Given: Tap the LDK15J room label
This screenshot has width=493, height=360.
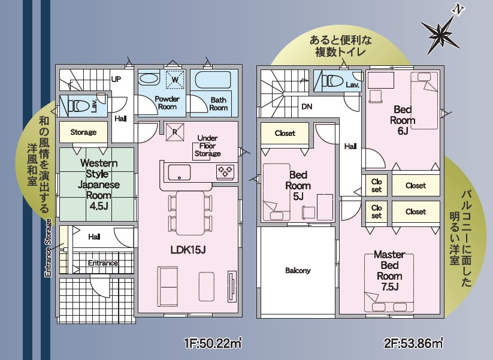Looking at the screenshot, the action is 188,250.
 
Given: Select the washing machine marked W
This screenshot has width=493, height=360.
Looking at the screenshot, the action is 175,80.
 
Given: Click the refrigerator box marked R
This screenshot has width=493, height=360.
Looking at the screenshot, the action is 175,132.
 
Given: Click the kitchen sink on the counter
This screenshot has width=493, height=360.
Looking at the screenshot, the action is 179,173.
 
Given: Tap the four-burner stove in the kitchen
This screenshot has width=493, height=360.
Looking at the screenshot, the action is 225,172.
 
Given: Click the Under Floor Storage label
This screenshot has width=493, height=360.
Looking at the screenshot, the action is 207,146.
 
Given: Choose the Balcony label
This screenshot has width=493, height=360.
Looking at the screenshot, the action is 298,270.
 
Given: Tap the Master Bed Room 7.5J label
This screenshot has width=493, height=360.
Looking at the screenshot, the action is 389,271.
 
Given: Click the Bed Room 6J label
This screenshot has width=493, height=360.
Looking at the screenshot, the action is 403,120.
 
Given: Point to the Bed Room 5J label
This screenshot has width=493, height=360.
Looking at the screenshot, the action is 298,186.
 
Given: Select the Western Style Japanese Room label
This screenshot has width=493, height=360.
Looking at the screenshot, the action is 99,184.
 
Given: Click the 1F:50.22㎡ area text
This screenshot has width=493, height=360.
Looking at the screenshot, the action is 213,343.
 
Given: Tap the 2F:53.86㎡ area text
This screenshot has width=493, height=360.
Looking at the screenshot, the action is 414,343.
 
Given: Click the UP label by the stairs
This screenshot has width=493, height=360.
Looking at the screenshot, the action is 116,79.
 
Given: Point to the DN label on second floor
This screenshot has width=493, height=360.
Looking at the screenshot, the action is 307,107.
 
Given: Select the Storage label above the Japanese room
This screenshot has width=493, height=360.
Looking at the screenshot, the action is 83,132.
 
